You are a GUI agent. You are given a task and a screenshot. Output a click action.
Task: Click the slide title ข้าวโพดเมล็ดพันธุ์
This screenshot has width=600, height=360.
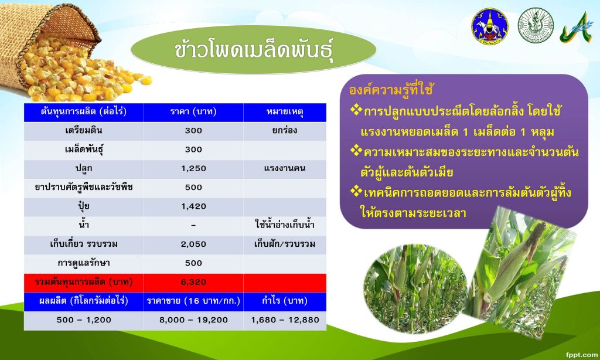[253, 50]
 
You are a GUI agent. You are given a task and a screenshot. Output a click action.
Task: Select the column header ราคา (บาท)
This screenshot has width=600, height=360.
[193, 112]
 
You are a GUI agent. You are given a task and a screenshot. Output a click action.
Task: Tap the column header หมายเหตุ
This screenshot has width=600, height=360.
[285, 112]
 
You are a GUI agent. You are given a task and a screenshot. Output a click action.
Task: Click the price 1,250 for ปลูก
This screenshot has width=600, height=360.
[193, 168]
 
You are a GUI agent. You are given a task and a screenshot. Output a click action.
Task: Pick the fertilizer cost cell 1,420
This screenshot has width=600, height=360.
[193, 206]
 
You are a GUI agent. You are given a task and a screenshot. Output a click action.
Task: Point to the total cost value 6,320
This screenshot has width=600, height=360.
[193, 282]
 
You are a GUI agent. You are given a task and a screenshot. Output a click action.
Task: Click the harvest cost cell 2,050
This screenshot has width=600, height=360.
[193, 244]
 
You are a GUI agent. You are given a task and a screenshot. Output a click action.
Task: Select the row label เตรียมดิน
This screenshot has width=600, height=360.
[84, 130]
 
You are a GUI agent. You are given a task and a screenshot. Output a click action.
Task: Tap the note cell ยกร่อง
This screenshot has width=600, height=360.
[285, 130]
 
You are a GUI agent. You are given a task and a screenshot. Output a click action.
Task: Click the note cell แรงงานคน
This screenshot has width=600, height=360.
[285, 168]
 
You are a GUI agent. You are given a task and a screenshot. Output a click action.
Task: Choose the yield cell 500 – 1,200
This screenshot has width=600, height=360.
[84, 320]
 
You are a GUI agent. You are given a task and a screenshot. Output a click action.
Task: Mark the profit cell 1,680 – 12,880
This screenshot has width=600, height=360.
[285, 320]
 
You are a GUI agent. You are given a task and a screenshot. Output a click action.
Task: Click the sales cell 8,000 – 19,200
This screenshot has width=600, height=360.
[193, 320]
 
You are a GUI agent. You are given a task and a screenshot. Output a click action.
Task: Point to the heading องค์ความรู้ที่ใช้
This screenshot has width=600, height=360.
[391, 90]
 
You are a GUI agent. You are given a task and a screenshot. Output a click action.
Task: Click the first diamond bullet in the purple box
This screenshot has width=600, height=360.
[356, 110]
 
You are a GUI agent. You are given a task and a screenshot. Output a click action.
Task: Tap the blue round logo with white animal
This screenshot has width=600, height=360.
[490, 26]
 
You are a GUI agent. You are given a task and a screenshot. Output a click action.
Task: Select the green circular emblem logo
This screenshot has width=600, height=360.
[536, 25]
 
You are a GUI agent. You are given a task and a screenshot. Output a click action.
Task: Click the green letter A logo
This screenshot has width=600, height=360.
[577, 28]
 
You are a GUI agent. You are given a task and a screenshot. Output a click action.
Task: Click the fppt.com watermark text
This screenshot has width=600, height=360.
[581, 355]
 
